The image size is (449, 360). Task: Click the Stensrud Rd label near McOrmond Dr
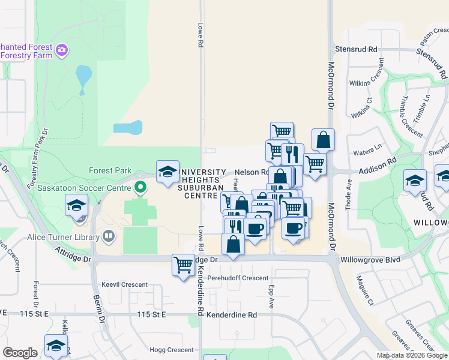tap(356, 49)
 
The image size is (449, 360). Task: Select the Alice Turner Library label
tap(62, 236)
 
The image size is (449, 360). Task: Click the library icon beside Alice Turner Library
tap(108, 236)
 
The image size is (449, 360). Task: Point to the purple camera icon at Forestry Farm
tap(62, 50)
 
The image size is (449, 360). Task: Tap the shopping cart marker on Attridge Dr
tap(182, 264)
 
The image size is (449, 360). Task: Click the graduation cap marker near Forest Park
tap(167, 172)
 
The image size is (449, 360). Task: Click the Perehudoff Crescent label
tap(237, 278)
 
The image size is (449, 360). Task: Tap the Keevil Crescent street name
tap(124, 284)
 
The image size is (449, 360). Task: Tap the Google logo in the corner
tap(20, 353)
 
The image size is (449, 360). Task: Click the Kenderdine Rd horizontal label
tap(231, 314)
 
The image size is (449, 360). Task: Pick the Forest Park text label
tap(110, 170)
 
